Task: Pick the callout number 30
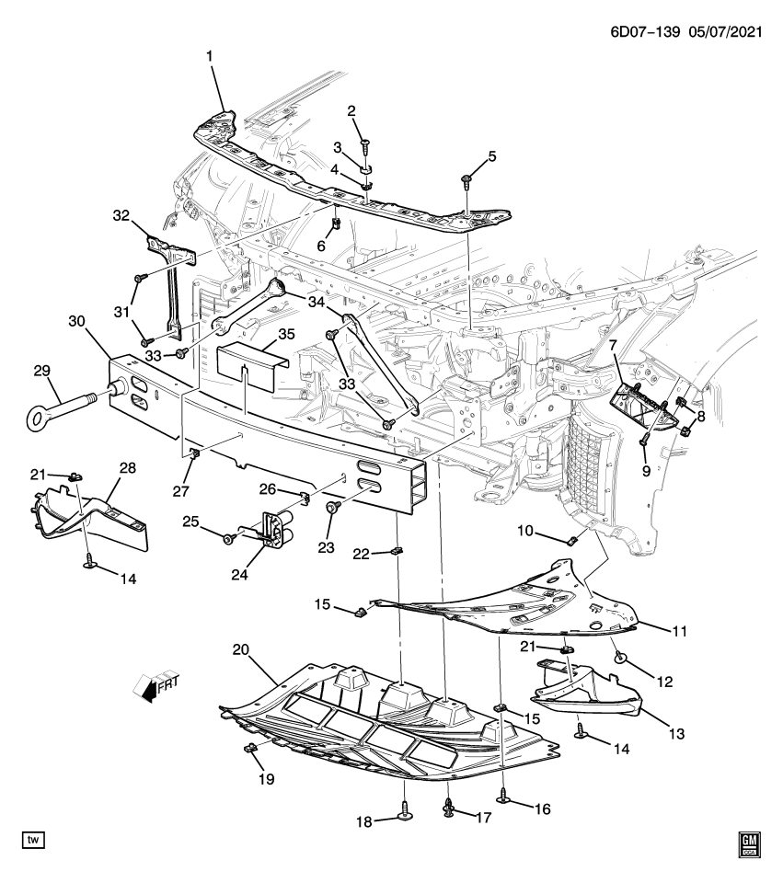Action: [77, 321]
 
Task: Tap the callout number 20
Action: [241, 649]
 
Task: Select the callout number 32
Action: [122, 216]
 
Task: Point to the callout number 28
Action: [127, 469]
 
